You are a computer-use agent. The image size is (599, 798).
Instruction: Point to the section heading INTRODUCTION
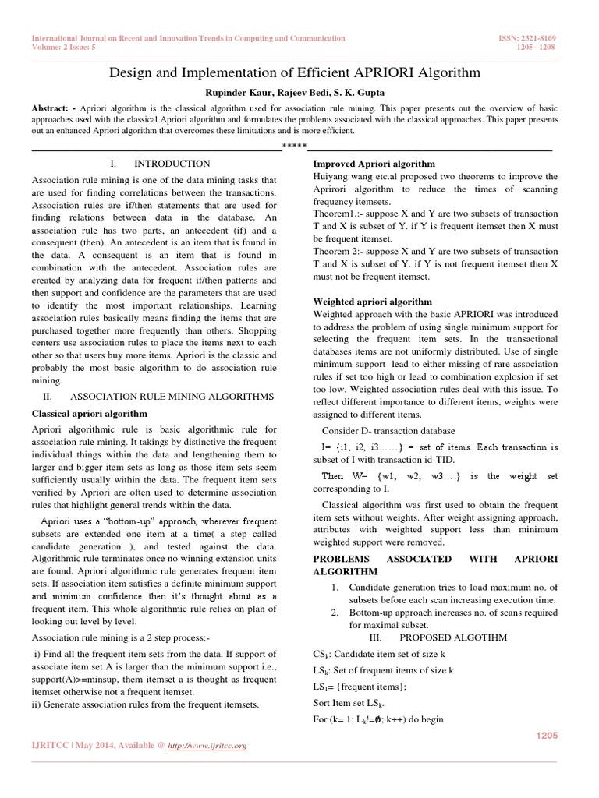pyautogui.click(x=172, y=164)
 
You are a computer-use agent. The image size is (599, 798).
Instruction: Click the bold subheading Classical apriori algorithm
pyautogui.click(x=89, y=413)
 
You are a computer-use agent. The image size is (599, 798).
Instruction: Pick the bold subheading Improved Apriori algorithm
pyautogui.click(x=374, y=164)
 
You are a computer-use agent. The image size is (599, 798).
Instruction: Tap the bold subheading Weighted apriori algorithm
pyautogui.click(x=372, y=300)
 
